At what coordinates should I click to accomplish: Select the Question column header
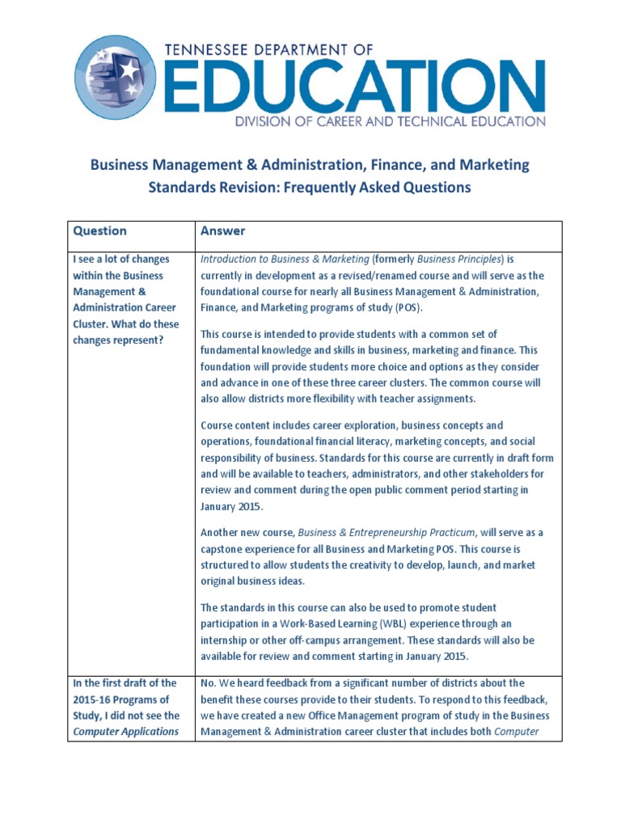point(100,231)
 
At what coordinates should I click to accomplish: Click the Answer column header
point(222,231)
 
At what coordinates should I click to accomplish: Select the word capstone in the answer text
point(229,548)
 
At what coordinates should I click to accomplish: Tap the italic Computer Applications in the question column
point(125,732)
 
